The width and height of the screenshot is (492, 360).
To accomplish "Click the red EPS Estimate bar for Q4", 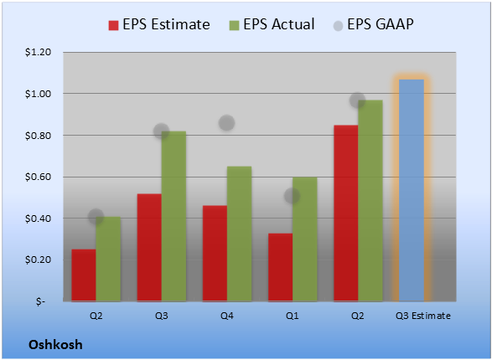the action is [x=215, y=254].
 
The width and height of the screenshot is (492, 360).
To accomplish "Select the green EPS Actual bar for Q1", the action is [x=305, y=239].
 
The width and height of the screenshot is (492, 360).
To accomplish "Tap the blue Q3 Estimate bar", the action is [x=412, y=191].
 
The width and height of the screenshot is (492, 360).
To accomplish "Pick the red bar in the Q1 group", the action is [x=280, y=267].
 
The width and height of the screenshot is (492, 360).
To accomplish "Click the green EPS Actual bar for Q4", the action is [x=239, y=234].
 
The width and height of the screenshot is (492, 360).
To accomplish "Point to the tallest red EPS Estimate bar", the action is [x=346, y=213].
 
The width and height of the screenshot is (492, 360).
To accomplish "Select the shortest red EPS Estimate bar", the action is [x=84, y=275].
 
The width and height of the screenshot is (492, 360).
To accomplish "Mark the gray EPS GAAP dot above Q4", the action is [x=226, y=123].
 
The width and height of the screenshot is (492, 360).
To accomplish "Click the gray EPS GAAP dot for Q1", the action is [x=293, y=196].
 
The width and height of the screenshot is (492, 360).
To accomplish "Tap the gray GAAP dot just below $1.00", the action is [x=357, y=100].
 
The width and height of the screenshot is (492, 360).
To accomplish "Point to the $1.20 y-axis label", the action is [x=38, y=52].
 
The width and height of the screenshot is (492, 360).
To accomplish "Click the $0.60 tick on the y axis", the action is [x=38, y=177].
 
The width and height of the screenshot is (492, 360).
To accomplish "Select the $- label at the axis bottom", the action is [x=41, y=301].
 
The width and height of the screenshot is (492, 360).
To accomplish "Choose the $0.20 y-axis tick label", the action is [x=38, y=260].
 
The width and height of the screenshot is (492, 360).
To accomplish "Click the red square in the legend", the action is [x=113, y=25].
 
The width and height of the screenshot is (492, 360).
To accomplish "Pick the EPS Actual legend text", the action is [x=278, y=24].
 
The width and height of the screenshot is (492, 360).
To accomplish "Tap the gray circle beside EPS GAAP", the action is [x=338, y=26].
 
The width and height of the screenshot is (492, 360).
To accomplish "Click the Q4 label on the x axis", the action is [x=227, y=316].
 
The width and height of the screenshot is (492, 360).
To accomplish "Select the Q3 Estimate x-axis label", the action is [x=423, y=316].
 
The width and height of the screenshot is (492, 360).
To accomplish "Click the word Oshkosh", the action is [x=55, y=345].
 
